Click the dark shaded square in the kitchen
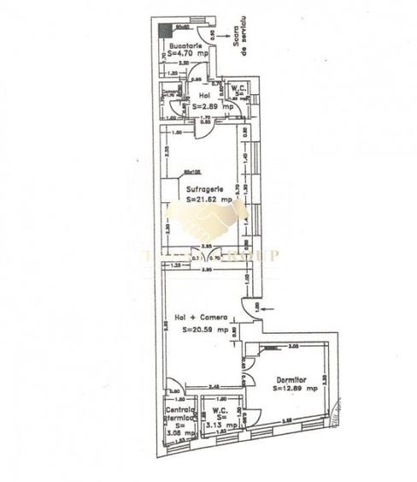click(x=167, y=31)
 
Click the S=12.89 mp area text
click(x=296, y=388)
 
